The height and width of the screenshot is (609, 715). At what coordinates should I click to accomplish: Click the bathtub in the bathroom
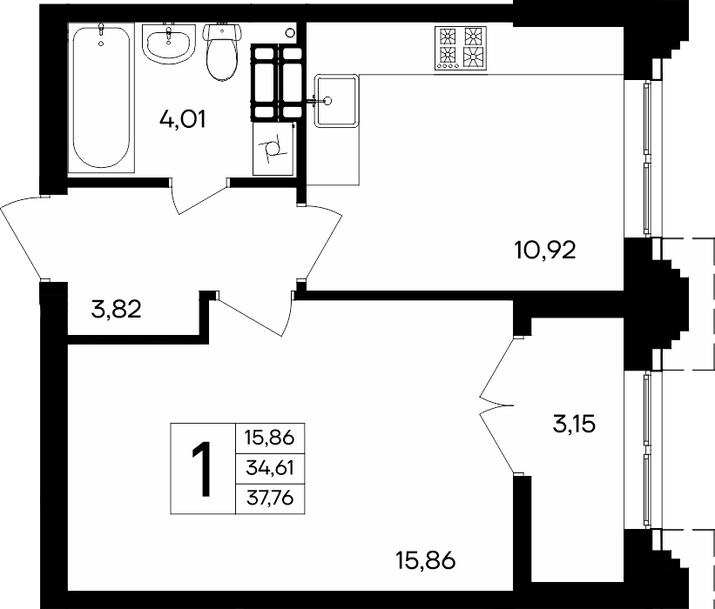[x=101, y=97]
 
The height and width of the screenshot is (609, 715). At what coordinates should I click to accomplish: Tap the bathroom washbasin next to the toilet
[x=168, y=43]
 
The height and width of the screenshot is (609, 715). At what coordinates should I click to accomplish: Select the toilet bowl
[x=221, y=51]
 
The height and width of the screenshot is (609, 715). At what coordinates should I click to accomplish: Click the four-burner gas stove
[x=461, y=48]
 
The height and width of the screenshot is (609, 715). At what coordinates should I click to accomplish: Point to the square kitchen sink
[x=336, y=101]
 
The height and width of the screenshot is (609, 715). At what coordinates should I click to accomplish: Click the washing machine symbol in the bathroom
[x=273, y=149]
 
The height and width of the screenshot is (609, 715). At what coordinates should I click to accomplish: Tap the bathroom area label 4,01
[x=182, y=120]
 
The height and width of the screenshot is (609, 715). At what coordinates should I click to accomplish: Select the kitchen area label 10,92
[x=545, y=250]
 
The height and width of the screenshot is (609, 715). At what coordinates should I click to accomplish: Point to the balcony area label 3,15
[x=574, y=425]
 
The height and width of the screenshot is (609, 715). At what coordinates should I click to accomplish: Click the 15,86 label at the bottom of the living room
[x=426, y=560]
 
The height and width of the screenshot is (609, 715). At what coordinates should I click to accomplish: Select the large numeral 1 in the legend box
[x=201, y=469]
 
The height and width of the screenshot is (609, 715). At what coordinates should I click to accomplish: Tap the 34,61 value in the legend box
[x=270, y=468]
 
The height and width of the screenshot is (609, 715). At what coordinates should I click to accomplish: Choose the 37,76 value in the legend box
[x=270, y=499]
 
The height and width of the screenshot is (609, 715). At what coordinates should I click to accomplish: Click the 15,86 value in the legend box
[x=270, y=438]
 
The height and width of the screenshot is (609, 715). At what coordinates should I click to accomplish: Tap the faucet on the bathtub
[x=101, y=32]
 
